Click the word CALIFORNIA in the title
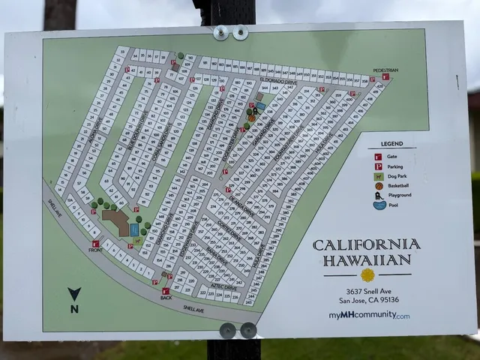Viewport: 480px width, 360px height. (367, 244)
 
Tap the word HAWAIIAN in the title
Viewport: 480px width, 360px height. (367, 259)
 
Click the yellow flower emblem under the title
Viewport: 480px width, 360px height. (367, 274)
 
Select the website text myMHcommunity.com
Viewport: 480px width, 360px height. (369, 316)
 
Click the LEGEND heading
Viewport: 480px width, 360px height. (391, 143)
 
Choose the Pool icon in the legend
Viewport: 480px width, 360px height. (379, 205)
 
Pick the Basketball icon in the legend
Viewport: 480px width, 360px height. (379, 186)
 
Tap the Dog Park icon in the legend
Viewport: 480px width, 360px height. (379, 176)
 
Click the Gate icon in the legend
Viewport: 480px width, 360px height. (379, 157)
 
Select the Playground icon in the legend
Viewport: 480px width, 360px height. (379, 195)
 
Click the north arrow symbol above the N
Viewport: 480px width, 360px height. (73, 294)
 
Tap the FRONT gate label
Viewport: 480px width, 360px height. (95, 250)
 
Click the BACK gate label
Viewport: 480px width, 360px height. (166, 298)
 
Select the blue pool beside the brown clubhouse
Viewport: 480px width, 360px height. (134, 229)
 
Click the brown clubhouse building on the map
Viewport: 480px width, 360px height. (117, 222)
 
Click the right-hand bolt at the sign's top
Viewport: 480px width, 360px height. (240, 32)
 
